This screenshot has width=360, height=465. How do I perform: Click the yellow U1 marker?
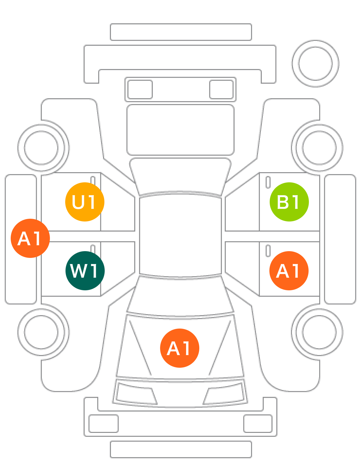[85, 202]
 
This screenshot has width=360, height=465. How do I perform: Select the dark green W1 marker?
[85, 271]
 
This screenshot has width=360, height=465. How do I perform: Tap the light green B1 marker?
[289, 202]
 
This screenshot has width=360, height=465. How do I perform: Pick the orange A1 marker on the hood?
[180, 348]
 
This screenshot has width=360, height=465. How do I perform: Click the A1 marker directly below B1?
[289, 271]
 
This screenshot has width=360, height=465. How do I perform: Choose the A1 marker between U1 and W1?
[30, 238]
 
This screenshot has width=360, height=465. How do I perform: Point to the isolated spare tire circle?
[316, 64]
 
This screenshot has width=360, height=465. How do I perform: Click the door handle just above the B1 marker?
[268, 182]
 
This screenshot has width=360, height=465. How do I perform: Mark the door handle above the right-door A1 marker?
[268, 251]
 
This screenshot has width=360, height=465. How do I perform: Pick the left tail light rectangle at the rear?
[140, 89]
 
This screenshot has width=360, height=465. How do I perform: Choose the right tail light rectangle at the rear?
[221, 89]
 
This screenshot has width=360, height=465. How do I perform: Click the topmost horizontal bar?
[181, 32]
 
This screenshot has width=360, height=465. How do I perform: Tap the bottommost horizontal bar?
[181, 449]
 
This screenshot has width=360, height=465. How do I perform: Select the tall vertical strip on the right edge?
[340, 239]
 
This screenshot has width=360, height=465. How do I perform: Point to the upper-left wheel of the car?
[41, 147]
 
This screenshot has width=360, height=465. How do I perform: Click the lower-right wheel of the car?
[319, 332]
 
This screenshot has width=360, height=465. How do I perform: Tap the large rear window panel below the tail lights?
[181, 130]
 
